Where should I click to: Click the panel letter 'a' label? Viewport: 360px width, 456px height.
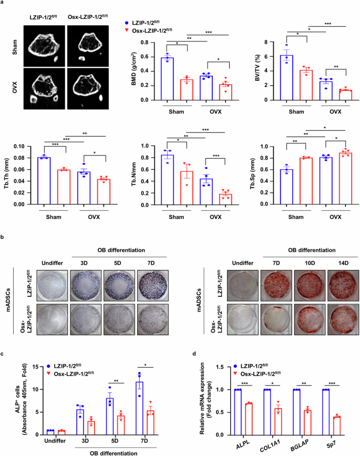(4, 4)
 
